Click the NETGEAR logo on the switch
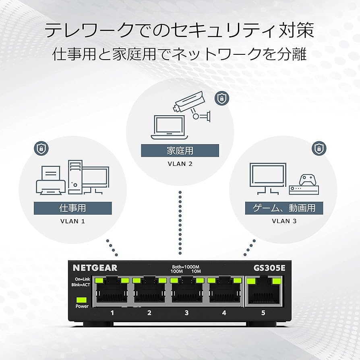[95, 267]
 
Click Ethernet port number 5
[264, 291]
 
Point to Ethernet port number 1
[112, 291]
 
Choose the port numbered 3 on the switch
[186, 291]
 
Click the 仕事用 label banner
[72, 208]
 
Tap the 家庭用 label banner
[180, 151]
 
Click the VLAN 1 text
[72, 221]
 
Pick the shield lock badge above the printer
[41, 149]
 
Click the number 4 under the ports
[224, 312]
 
